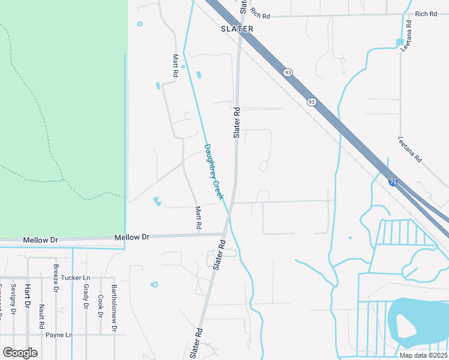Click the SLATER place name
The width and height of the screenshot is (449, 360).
coord(237,29)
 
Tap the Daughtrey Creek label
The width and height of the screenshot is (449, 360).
coord(214,172)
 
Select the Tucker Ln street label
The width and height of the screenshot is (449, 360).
coord(75,278)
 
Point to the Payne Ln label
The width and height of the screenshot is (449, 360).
coord(59,335)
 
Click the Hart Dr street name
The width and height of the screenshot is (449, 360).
coord(27,297)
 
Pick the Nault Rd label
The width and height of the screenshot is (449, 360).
coord(41,316)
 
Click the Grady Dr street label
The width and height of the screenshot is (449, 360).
coord(86,297)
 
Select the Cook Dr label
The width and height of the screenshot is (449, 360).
coord(100,307)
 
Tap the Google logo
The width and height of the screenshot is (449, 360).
coord(20,353)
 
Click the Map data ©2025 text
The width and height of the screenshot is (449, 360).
coord(423,355)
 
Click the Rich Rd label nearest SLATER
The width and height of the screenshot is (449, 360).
coord(262,13)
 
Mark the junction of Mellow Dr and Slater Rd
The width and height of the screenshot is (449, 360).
coord(223,235)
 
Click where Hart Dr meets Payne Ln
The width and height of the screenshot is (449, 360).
coord(27,335)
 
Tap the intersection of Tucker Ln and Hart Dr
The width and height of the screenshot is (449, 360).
coord(27,278)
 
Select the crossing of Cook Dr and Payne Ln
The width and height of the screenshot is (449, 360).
coord(100,335)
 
